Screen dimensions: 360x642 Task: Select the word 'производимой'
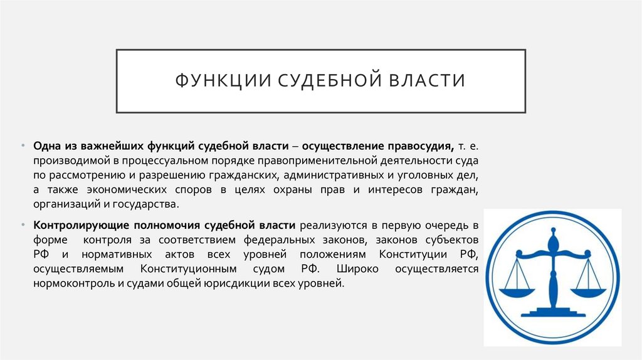pos(69,161)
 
